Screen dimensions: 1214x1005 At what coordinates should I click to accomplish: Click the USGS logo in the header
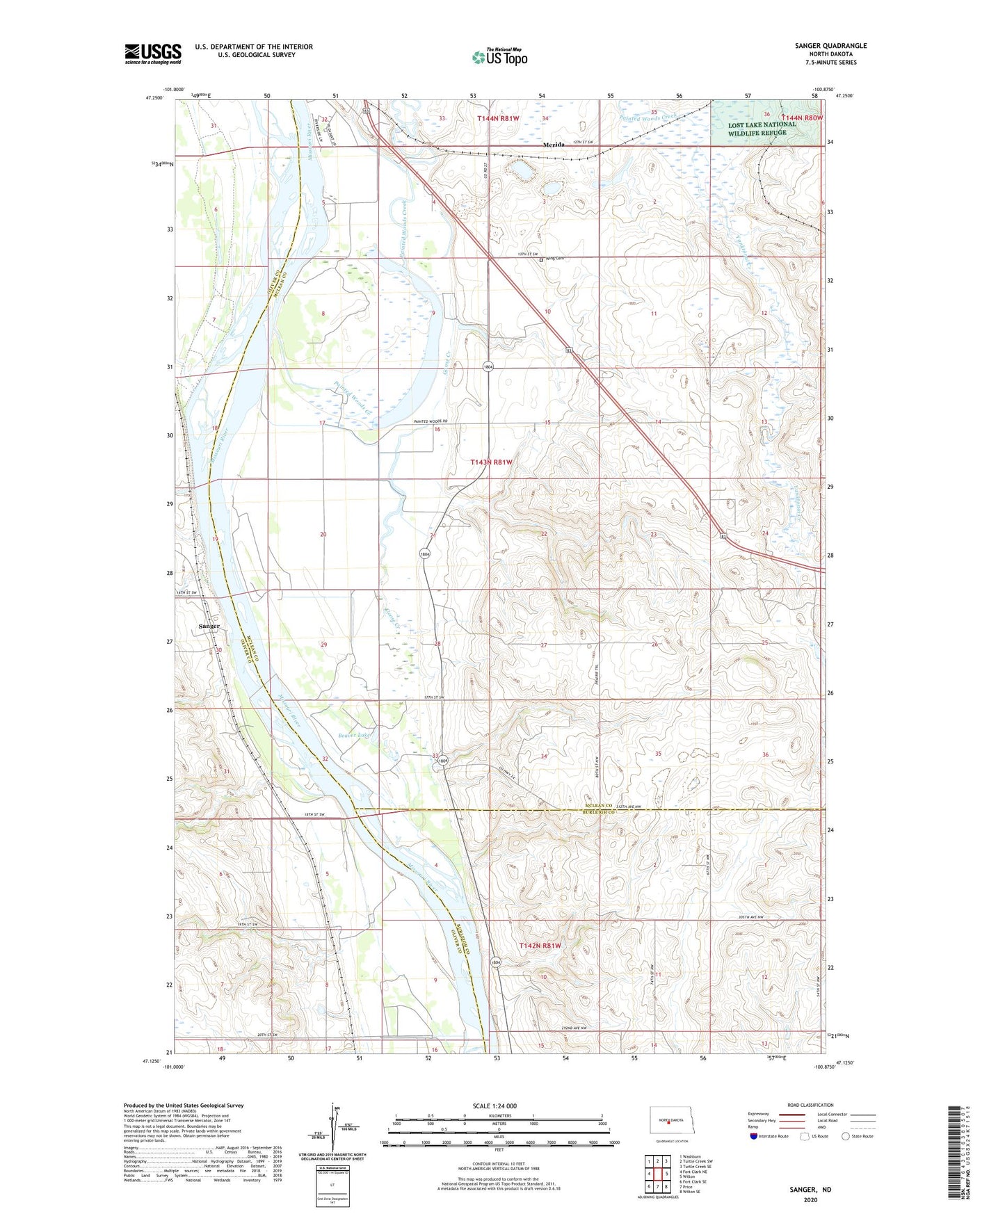click(x=153, y=54)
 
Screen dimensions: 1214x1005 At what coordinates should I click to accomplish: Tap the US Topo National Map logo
click(x=499, y=56)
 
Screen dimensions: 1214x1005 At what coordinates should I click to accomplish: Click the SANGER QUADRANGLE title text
click(x=830, y=46)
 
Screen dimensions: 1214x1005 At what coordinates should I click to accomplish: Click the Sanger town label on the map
click(x=209, y=626)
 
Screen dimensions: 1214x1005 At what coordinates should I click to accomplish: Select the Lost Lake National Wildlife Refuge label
click(x=762, y=129)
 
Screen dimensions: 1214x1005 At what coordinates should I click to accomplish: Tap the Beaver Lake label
click(x=355, y=734)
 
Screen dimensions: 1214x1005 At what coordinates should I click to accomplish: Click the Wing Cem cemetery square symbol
click(x=541, y=260)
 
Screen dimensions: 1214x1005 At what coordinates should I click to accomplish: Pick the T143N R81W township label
click(x=492, y=462)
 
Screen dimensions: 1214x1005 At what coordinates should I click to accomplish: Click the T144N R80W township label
click(x=802, y=118)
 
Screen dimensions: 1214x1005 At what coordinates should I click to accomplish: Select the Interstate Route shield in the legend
click(x=754, y=1136)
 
